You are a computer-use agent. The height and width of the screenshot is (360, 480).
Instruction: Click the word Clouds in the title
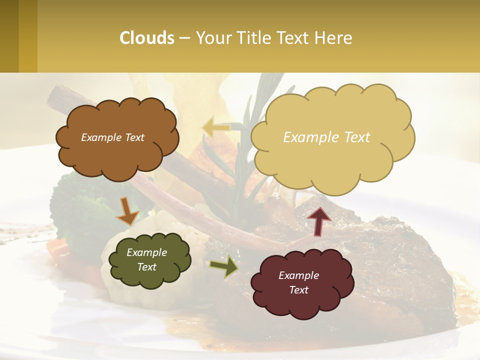[x=147, y=38]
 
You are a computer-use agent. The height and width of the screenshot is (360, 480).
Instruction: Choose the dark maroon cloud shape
[x=298, y=305]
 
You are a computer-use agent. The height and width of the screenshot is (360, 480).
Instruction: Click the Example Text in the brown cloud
[x=112, y=137]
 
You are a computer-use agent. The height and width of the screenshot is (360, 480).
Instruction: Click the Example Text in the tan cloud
[x=326, y=137]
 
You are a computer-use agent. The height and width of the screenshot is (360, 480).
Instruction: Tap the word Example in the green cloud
[x=146, y=252]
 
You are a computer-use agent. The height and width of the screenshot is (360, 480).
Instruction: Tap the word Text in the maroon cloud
[x=298, y=290]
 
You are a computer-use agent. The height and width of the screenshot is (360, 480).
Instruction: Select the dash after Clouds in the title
[x=184, y=38]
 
